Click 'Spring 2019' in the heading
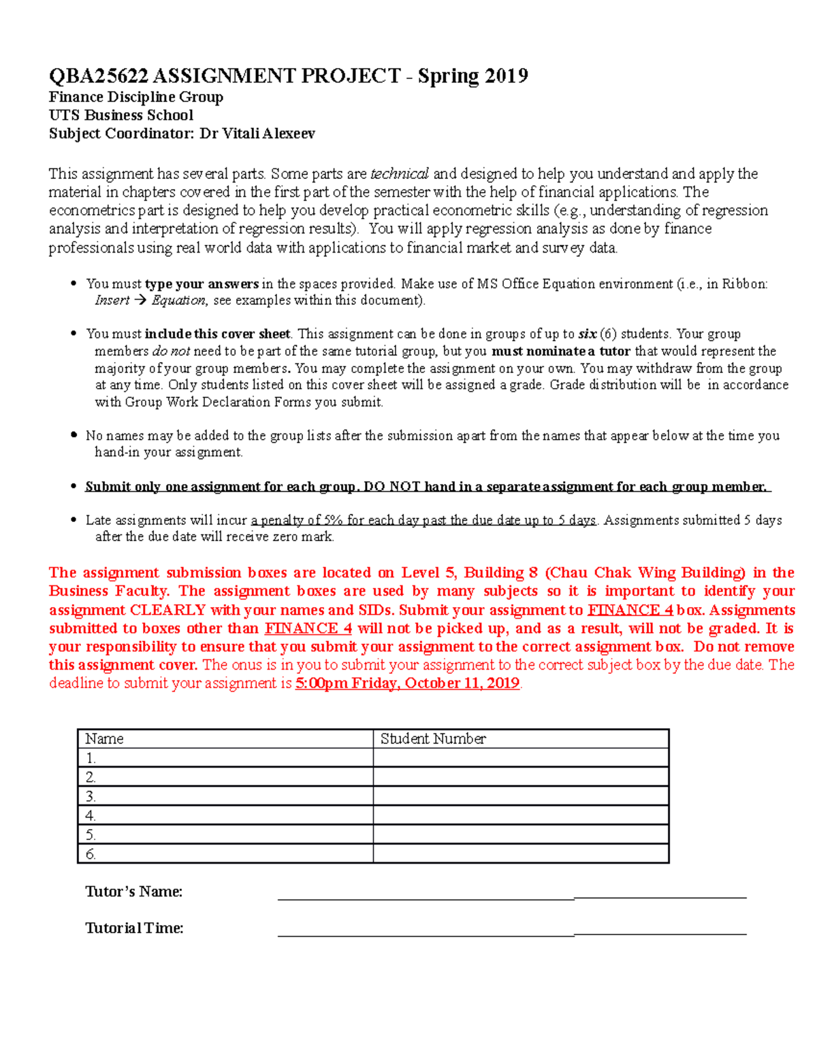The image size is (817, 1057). [472, 76]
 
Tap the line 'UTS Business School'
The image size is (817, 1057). [121, 115]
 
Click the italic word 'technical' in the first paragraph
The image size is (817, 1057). [399, 174]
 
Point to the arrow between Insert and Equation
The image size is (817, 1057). [140, 300]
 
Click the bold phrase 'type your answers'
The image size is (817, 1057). [202, 284]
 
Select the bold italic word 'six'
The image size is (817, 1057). [587, 334]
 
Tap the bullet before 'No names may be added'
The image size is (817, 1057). [74, 435]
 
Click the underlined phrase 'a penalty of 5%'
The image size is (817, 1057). [296, 521]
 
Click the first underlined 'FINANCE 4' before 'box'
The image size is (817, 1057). [630, 610]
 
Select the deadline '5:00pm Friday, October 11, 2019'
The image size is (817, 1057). [407, 683]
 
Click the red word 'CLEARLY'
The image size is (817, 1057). [167, 610]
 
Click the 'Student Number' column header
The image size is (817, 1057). [433, 738]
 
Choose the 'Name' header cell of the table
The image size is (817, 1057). [104, 738]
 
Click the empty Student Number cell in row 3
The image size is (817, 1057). [521, 796]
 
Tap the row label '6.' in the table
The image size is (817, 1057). [91, 853]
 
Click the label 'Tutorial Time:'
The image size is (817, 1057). [134, 928]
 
